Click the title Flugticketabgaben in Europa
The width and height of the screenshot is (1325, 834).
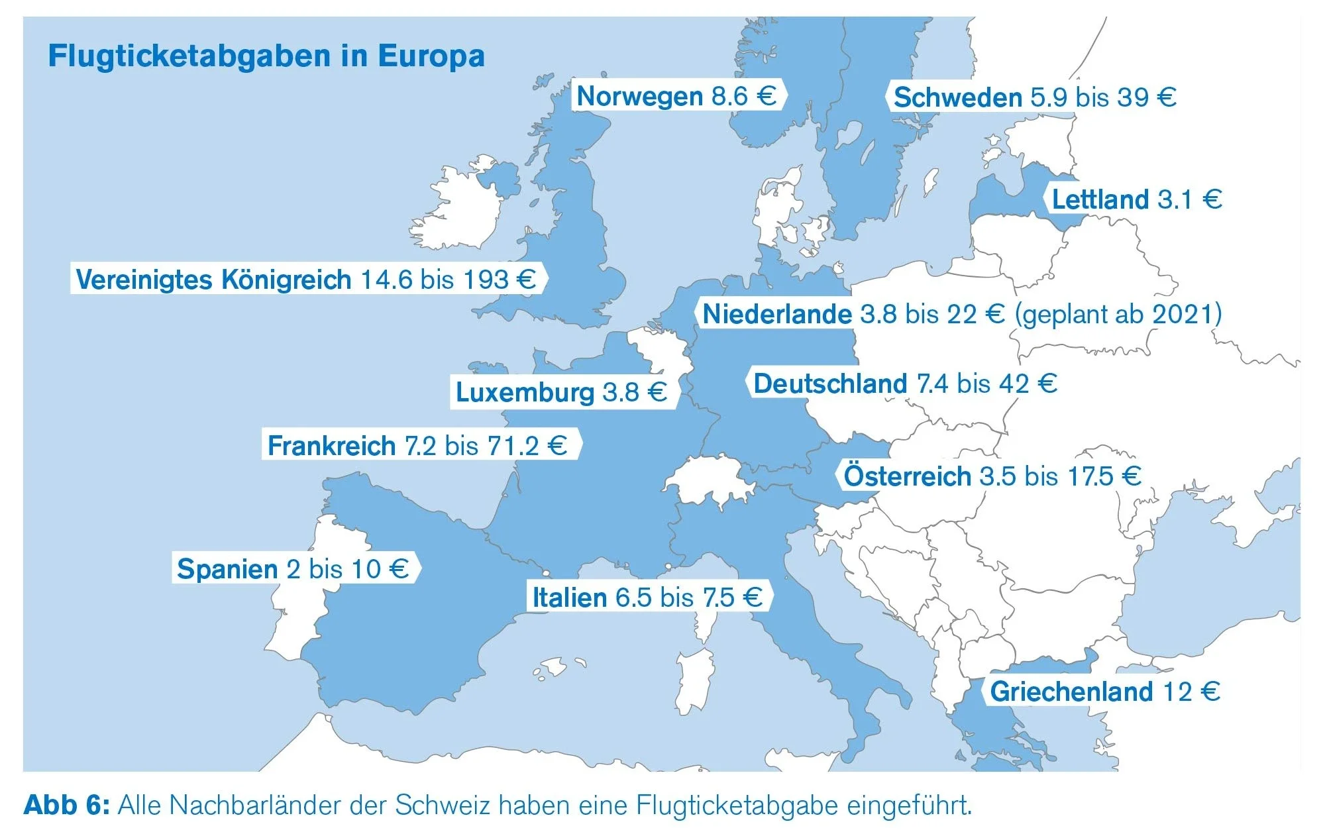pyautogui.click(x=266, y=56)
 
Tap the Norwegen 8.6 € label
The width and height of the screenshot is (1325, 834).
pyautogui.click(x=676, y=96)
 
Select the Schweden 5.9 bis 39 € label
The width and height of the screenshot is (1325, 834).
pyautogui.click(x=1034, y=97)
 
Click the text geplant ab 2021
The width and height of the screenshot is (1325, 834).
pyautogui.click(x=1118, y=313)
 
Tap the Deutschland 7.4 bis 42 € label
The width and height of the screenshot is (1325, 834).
pyautogui.click(x=905, y=384)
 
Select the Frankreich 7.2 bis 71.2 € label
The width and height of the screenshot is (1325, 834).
pyautogui.click(x=417, y=445)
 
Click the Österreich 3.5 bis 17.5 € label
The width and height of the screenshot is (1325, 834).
pyautogui.click(x=992, y=476)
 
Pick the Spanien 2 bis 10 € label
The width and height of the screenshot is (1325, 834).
pyautogui.click(x=293, y=568)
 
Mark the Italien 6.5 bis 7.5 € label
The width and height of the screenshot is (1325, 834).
pyautogui.click(x=647, y=597)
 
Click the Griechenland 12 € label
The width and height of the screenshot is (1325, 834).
pyautogui.click(x=1104, y=692)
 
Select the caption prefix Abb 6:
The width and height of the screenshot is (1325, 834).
pyautogui.click(x=66, y=806)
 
